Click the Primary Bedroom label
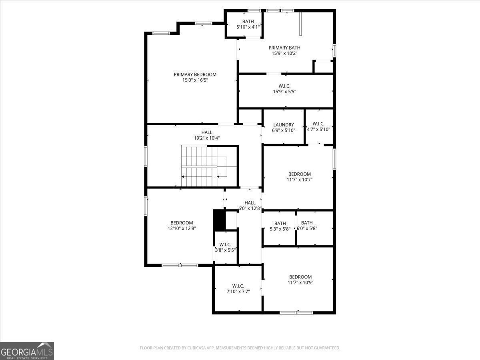[195, 74]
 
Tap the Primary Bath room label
[284, 48]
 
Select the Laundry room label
[284, 125]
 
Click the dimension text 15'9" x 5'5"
[284, 92]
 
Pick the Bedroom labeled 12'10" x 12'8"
[182, 223]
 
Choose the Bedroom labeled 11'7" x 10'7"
[299, 174]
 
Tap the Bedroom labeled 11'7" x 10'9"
[300, 277]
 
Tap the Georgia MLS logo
[27, 351]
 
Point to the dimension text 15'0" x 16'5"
[195, 80]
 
